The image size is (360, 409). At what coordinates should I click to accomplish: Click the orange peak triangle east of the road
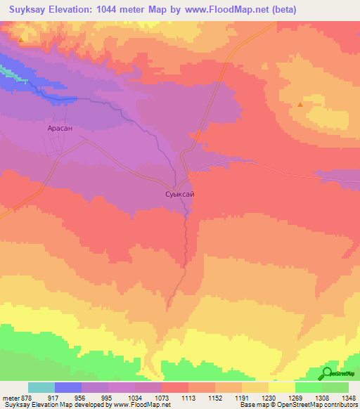[x=300, y=105]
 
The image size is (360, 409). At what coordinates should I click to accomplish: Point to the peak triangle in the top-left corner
[x=21, y=39]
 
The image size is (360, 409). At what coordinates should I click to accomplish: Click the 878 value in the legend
[x=22, y=398]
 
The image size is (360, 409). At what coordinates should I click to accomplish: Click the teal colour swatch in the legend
[x=41, y=387]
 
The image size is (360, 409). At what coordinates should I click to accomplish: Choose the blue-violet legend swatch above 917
[x=67, y=387]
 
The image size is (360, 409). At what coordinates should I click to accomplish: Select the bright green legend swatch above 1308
[x=308, y=387]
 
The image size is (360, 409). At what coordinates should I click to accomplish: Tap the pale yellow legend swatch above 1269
[x=281, y=387]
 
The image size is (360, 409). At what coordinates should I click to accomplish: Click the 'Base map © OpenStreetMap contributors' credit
[x=296, y=405]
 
